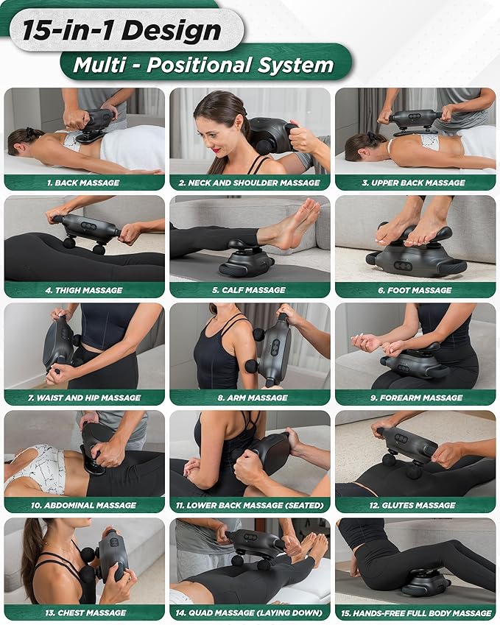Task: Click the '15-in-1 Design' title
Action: point(122,30)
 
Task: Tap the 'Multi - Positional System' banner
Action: point(203,65)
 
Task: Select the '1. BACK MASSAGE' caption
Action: point(84,183)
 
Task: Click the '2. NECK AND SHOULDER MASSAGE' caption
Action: point(250,183)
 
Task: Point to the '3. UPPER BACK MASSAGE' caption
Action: point(415,183)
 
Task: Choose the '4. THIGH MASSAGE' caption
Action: point(84,290)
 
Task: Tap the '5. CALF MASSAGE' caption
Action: point(250,290)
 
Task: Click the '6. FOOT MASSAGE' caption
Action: point(415,290)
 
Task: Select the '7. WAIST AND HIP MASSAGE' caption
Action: point(84,398)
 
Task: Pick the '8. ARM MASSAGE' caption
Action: point(250,398)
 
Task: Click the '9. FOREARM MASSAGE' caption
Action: point(415,398)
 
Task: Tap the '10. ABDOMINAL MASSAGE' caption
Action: point(84,505)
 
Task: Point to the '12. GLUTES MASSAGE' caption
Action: point(415,505)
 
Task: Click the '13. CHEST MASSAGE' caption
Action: point(84,612)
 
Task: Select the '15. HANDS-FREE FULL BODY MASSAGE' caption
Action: point(415,612)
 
